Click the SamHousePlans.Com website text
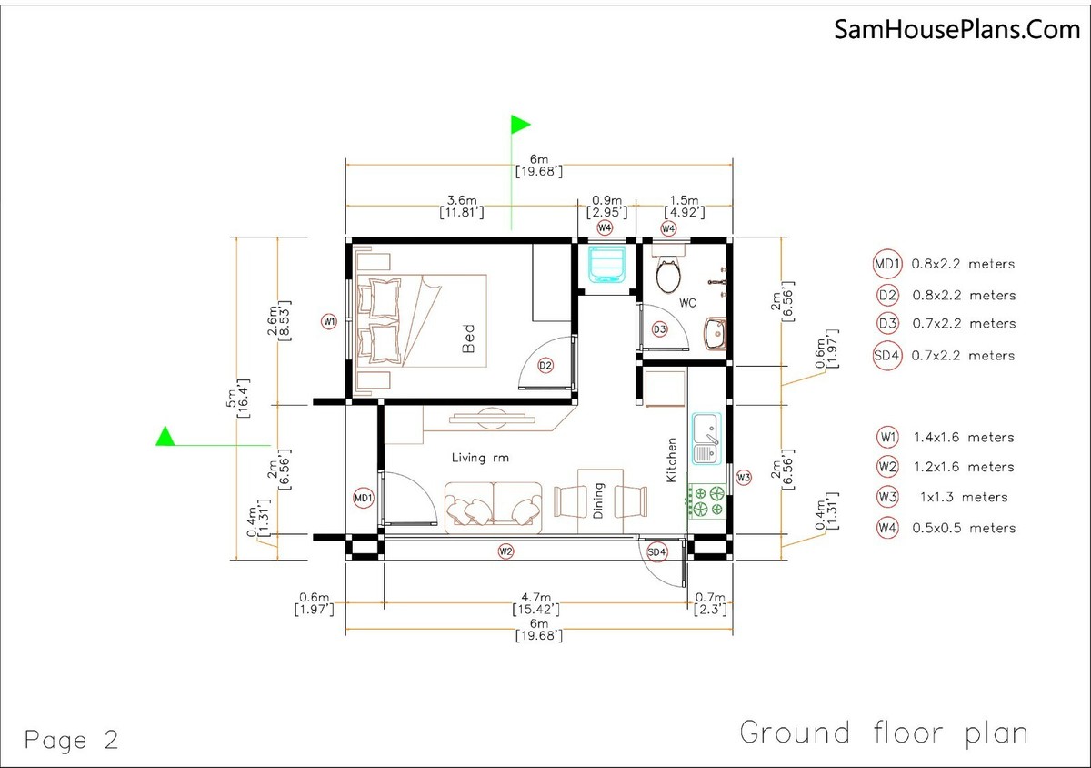point(957,30)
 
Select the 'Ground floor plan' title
point(883,733)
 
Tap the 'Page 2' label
point(72,740)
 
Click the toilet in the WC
point(668,274)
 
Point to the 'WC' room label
point(687,303)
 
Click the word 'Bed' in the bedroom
point(469,339)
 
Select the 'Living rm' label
point(480,458)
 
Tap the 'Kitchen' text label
point(672,460)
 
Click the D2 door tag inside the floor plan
point(545,365)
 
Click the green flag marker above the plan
point(520,124)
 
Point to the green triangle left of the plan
point(165,437)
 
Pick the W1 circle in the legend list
point(888,437)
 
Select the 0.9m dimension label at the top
point(606,200)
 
